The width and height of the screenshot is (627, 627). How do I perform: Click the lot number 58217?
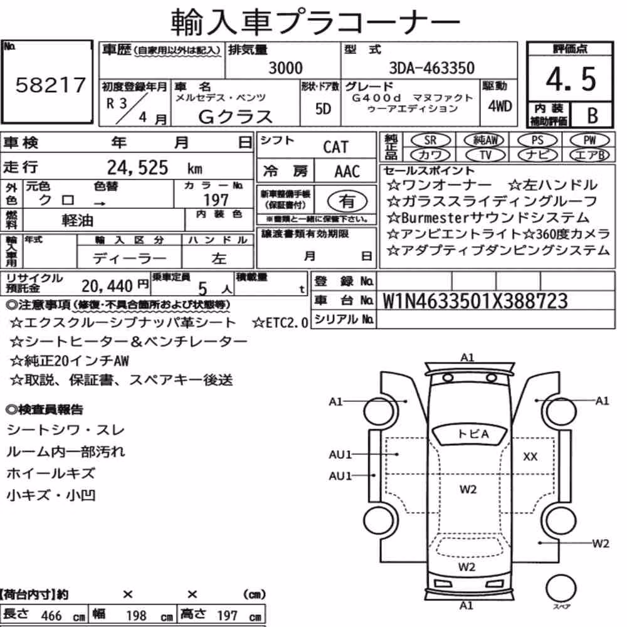(51, 85)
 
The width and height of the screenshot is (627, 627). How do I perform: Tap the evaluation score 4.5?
(571, 79)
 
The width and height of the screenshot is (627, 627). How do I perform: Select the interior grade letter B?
(593, 115)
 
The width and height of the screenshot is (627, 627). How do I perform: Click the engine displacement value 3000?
(285, 68)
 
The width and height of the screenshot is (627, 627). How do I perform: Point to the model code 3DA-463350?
(432, 68)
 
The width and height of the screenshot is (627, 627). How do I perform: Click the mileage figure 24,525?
(137, 167)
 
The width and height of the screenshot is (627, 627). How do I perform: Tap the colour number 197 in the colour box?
(216, 200)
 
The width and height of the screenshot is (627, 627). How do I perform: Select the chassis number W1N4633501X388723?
(475, 301)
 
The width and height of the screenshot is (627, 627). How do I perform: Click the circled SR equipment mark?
(430, 140)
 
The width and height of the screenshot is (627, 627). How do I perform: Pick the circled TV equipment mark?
(485, 155)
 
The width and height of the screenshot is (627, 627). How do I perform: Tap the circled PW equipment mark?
(589, 140)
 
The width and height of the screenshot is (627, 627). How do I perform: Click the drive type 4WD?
(500, 107)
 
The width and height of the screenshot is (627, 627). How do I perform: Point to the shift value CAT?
(336, 147)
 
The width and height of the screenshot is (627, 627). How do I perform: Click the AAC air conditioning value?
(347, 172)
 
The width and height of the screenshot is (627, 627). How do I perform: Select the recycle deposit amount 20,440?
(107, 286)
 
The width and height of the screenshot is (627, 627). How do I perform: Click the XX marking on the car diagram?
(530, 456)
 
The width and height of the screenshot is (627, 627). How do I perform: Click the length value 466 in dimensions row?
(51, 616)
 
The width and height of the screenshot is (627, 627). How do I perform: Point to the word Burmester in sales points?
(435, 218)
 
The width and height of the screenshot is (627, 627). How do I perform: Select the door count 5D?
(323, 108)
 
